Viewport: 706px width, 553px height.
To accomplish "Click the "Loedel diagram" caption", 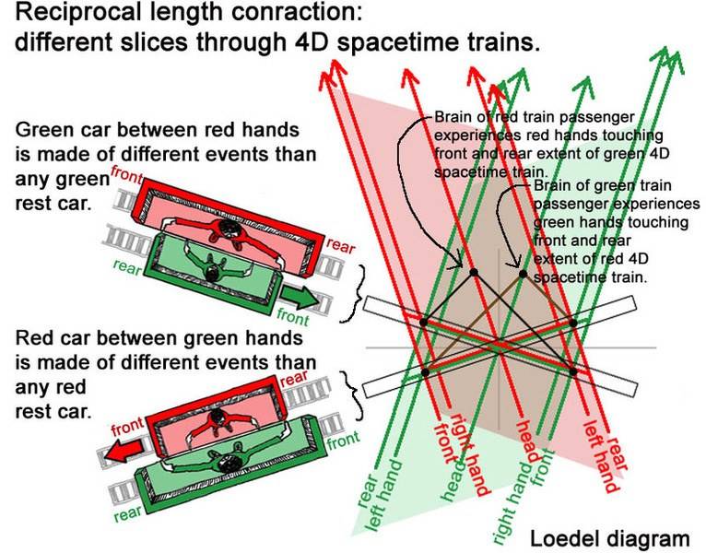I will point(609,538).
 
